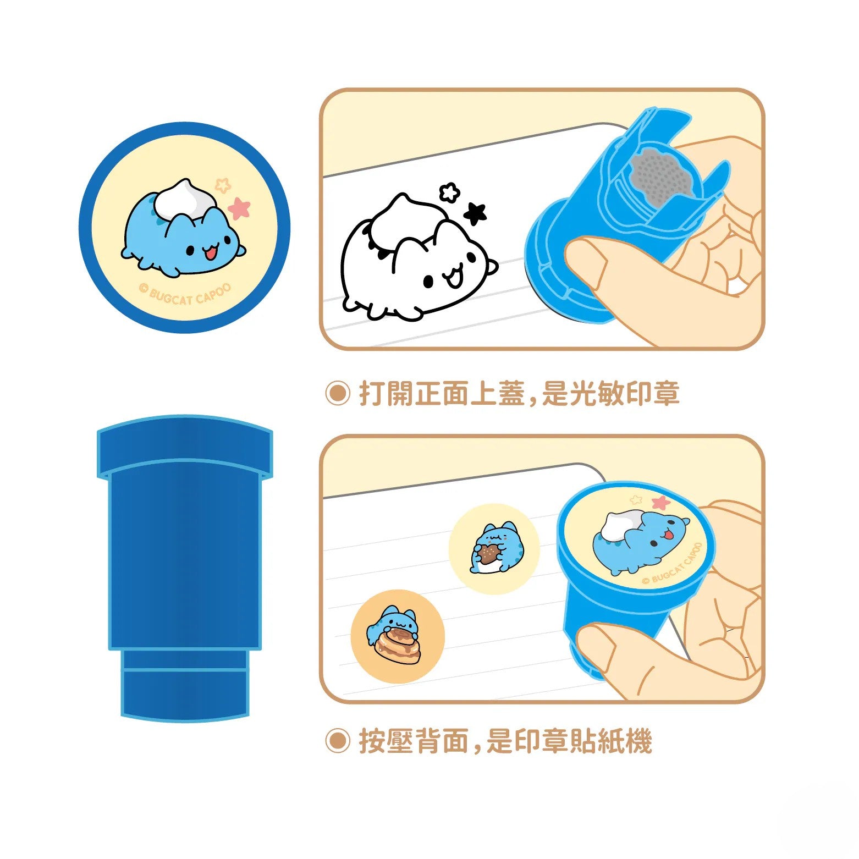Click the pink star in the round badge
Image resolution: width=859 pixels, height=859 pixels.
(x=239, y=208)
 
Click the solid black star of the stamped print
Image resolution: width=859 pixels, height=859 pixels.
(x=475, y=213)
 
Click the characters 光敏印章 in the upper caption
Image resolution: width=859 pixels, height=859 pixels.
(x=624, y=394)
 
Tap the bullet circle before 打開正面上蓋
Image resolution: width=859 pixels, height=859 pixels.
(x=337, y=394)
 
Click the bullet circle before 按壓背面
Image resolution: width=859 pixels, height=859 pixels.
(x=337, y=741)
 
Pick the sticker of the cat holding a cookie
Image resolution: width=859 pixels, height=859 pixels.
(x=493, y=548)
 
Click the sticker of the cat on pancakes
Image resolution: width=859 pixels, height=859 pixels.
(x=397, y=636)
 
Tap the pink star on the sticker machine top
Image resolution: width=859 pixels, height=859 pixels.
(x=660, y=502)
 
